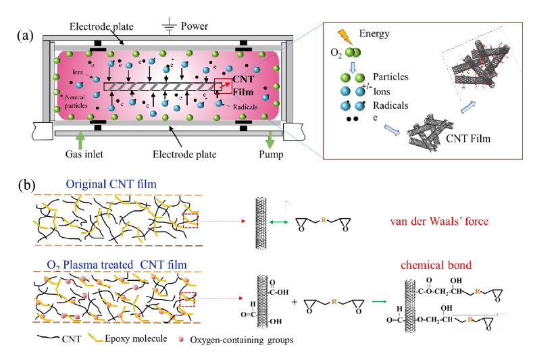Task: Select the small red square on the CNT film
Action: coord(222,86)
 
